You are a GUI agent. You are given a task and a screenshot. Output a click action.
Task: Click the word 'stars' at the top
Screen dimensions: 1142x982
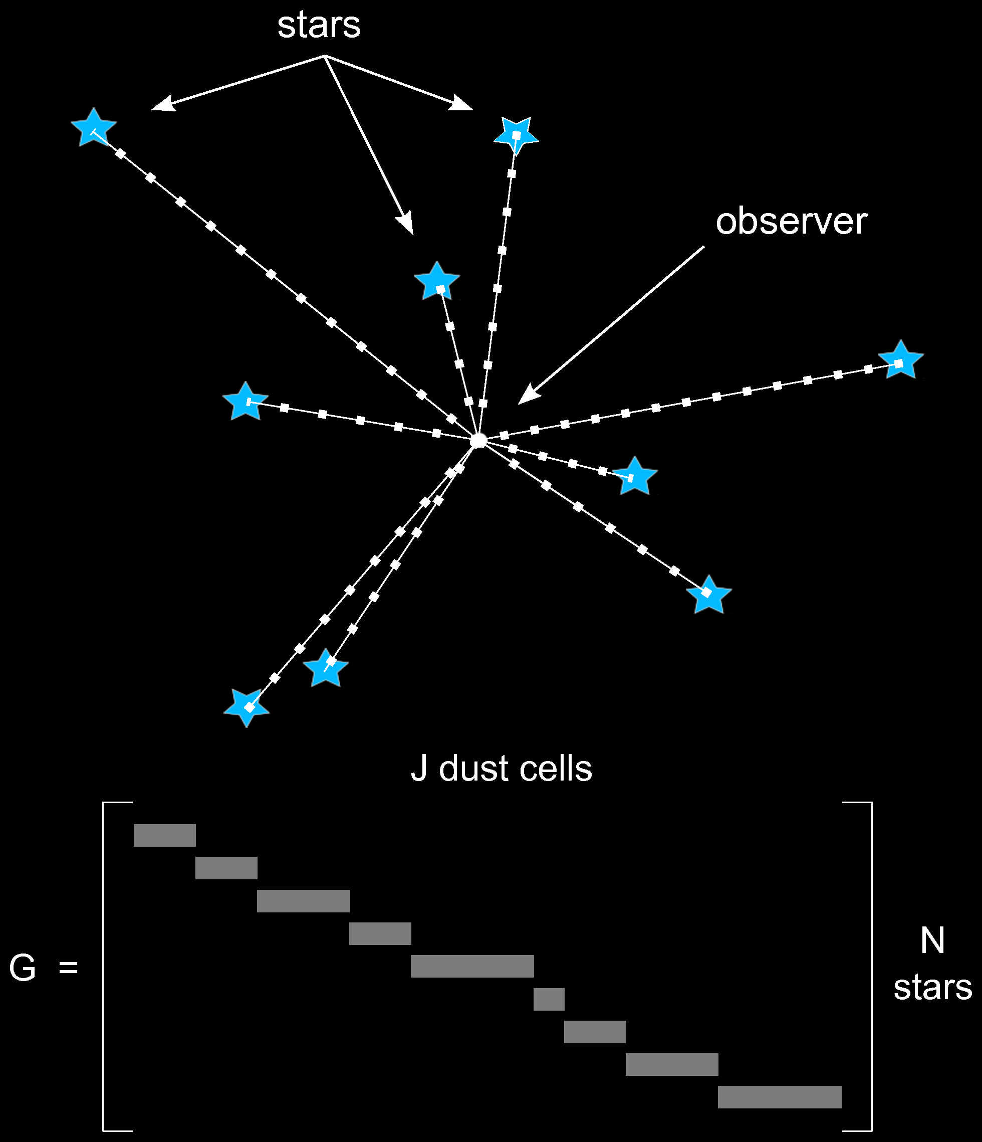319,26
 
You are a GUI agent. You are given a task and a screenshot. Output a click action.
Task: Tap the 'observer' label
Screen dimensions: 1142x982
792,222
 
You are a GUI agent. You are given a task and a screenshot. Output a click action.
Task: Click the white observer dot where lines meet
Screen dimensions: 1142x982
478,440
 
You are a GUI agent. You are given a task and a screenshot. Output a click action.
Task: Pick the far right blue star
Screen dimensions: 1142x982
900,360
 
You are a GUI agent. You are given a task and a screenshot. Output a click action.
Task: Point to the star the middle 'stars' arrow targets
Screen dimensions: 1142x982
437,281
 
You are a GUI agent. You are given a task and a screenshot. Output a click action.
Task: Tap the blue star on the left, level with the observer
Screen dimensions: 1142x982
245,401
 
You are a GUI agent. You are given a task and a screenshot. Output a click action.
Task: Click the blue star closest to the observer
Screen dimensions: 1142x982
635,476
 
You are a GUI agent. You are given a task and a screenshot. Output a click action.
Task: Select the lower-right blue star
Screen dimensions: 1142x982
709,594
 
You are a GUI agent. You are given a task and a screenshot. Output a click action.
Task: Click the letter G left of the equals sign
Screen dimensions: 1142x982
23,968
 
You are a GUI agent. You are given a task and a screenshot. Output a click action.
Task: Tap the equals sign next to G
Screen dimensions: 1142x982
68,969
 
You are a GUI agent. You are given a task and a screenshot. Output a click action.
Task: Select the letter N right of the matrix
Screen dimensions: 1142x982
932,940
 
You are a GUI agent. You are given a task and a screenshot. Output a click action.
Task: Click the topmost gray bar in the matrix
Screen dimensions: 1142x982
165,835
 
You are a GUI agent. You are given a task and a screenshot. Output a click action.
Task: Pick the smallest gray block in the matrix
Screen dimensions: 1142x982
549,999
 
